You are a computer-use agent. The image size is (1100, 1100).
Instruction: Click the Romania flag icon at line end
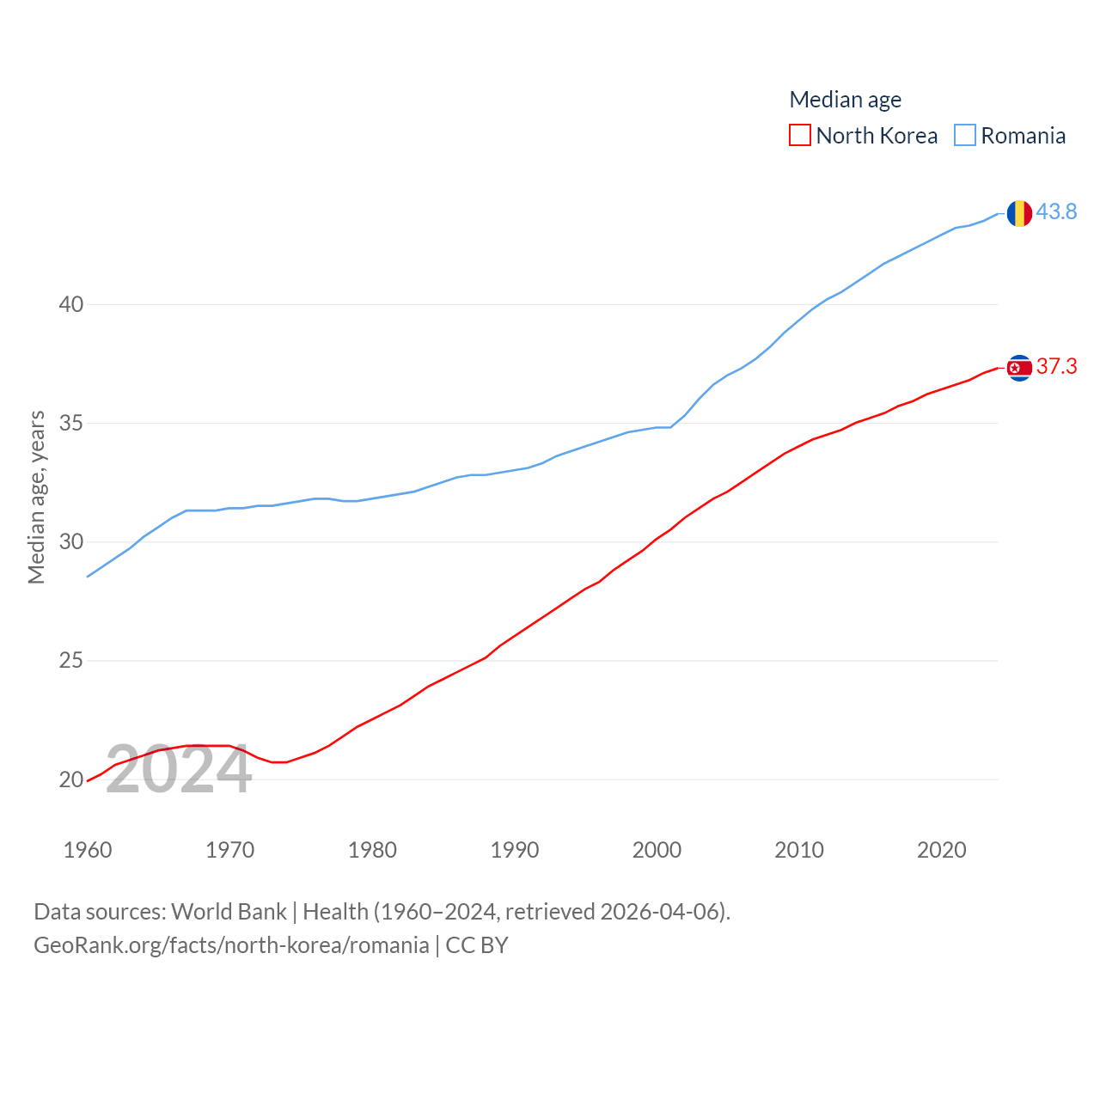coord(1019,212)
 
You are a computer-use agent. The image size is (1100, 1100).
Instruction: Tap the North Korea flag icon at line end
coord(1019,368)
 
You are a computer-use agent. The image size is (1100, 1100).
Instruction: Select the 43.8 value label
coord(1056,211)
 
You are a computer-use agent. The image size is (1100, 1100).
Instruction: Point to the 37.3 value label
coord(1056,366)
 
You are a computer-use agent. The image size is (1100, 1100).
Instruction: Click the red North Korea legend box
coord(800,136)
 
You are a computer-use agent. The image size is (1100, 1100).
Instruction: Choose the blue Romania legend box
coord(965,136)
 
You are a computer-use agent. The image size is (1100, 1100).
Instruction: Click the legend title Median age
coord(845,100)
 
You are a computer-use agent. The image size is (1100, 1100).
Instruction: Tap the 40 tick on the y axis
coord(72,304)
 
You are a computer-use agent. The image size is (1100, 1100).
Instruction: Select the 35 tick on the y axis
coord(72,423)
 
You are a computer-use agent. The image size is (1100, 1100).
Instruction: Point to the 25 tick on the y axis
coord(72,661)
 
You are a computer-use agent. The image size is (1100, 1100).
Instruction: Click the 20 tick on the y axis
coord(72,779)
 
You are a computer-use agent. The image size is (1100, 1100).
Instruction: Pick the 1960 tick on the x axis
coord(88,850)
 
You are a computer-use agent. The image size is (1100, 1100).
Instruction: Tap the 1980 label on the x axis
coord(372,850)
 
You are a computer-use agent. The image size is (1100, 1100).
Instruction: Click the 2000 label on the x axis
coord(657,850)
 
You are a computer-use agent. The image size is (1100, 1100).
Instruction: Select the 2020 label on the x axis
coord(941,850)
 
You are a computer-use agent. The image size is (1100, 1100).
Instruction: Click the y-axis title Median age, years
coord(37,498)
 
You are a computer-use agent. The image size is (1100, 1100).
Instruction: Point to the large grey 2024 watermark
coord(179,770)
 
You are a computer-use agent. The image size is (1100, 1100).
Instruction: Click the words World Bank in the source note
coord(229,911)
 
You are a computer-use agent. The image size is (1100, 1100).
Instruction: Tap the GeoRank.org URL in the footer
coord(231,945)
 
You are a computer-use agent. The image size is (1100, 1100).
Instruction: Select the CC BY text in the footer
coord(476,945)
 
